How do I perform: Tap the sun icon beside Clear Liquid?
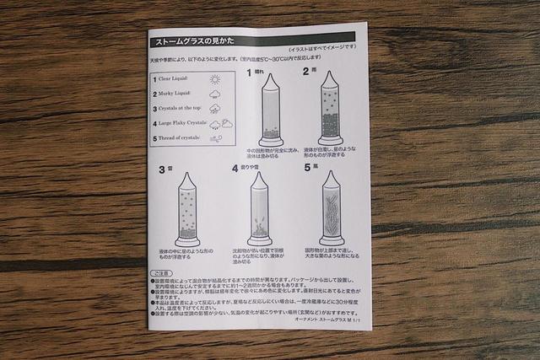point(215,79)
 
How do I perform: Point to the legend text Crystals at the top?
point(181,109)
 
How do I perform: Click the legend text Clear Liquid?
point(175,78)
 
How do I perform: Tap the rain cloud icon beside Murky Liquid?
point(215,94)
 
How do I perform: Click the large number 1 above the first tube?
point(249,73)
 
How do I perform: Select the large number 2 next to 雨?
point(307,73)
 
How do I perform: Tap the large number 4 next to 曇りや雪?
point(235,169)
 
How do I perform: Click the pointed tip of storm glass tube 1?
point(270,76)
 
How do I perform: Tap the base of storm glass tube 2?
point(330,141)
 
